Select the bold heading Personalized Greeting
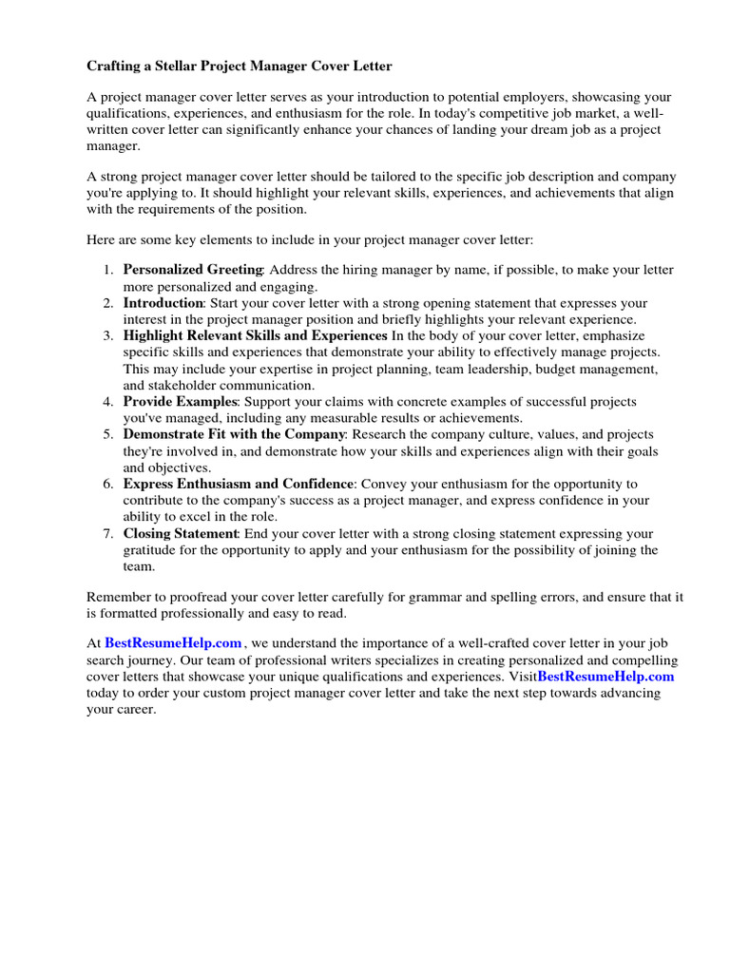[192, 270]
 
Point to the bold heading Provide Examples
[179, 402]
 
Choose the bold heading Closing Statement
[180, 533]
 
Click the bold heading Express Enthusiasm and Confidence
[238, 484]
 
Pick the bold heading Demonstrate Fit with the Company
[234, 434]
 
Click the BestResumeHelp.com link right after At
[173, 643]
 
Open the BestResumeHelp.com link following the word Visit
[605, 677]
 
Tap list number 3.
[109, 335]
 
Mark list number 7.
[109, 533]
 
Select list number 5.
[109, 434]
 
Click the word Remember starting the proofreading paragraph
[119, 598]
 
